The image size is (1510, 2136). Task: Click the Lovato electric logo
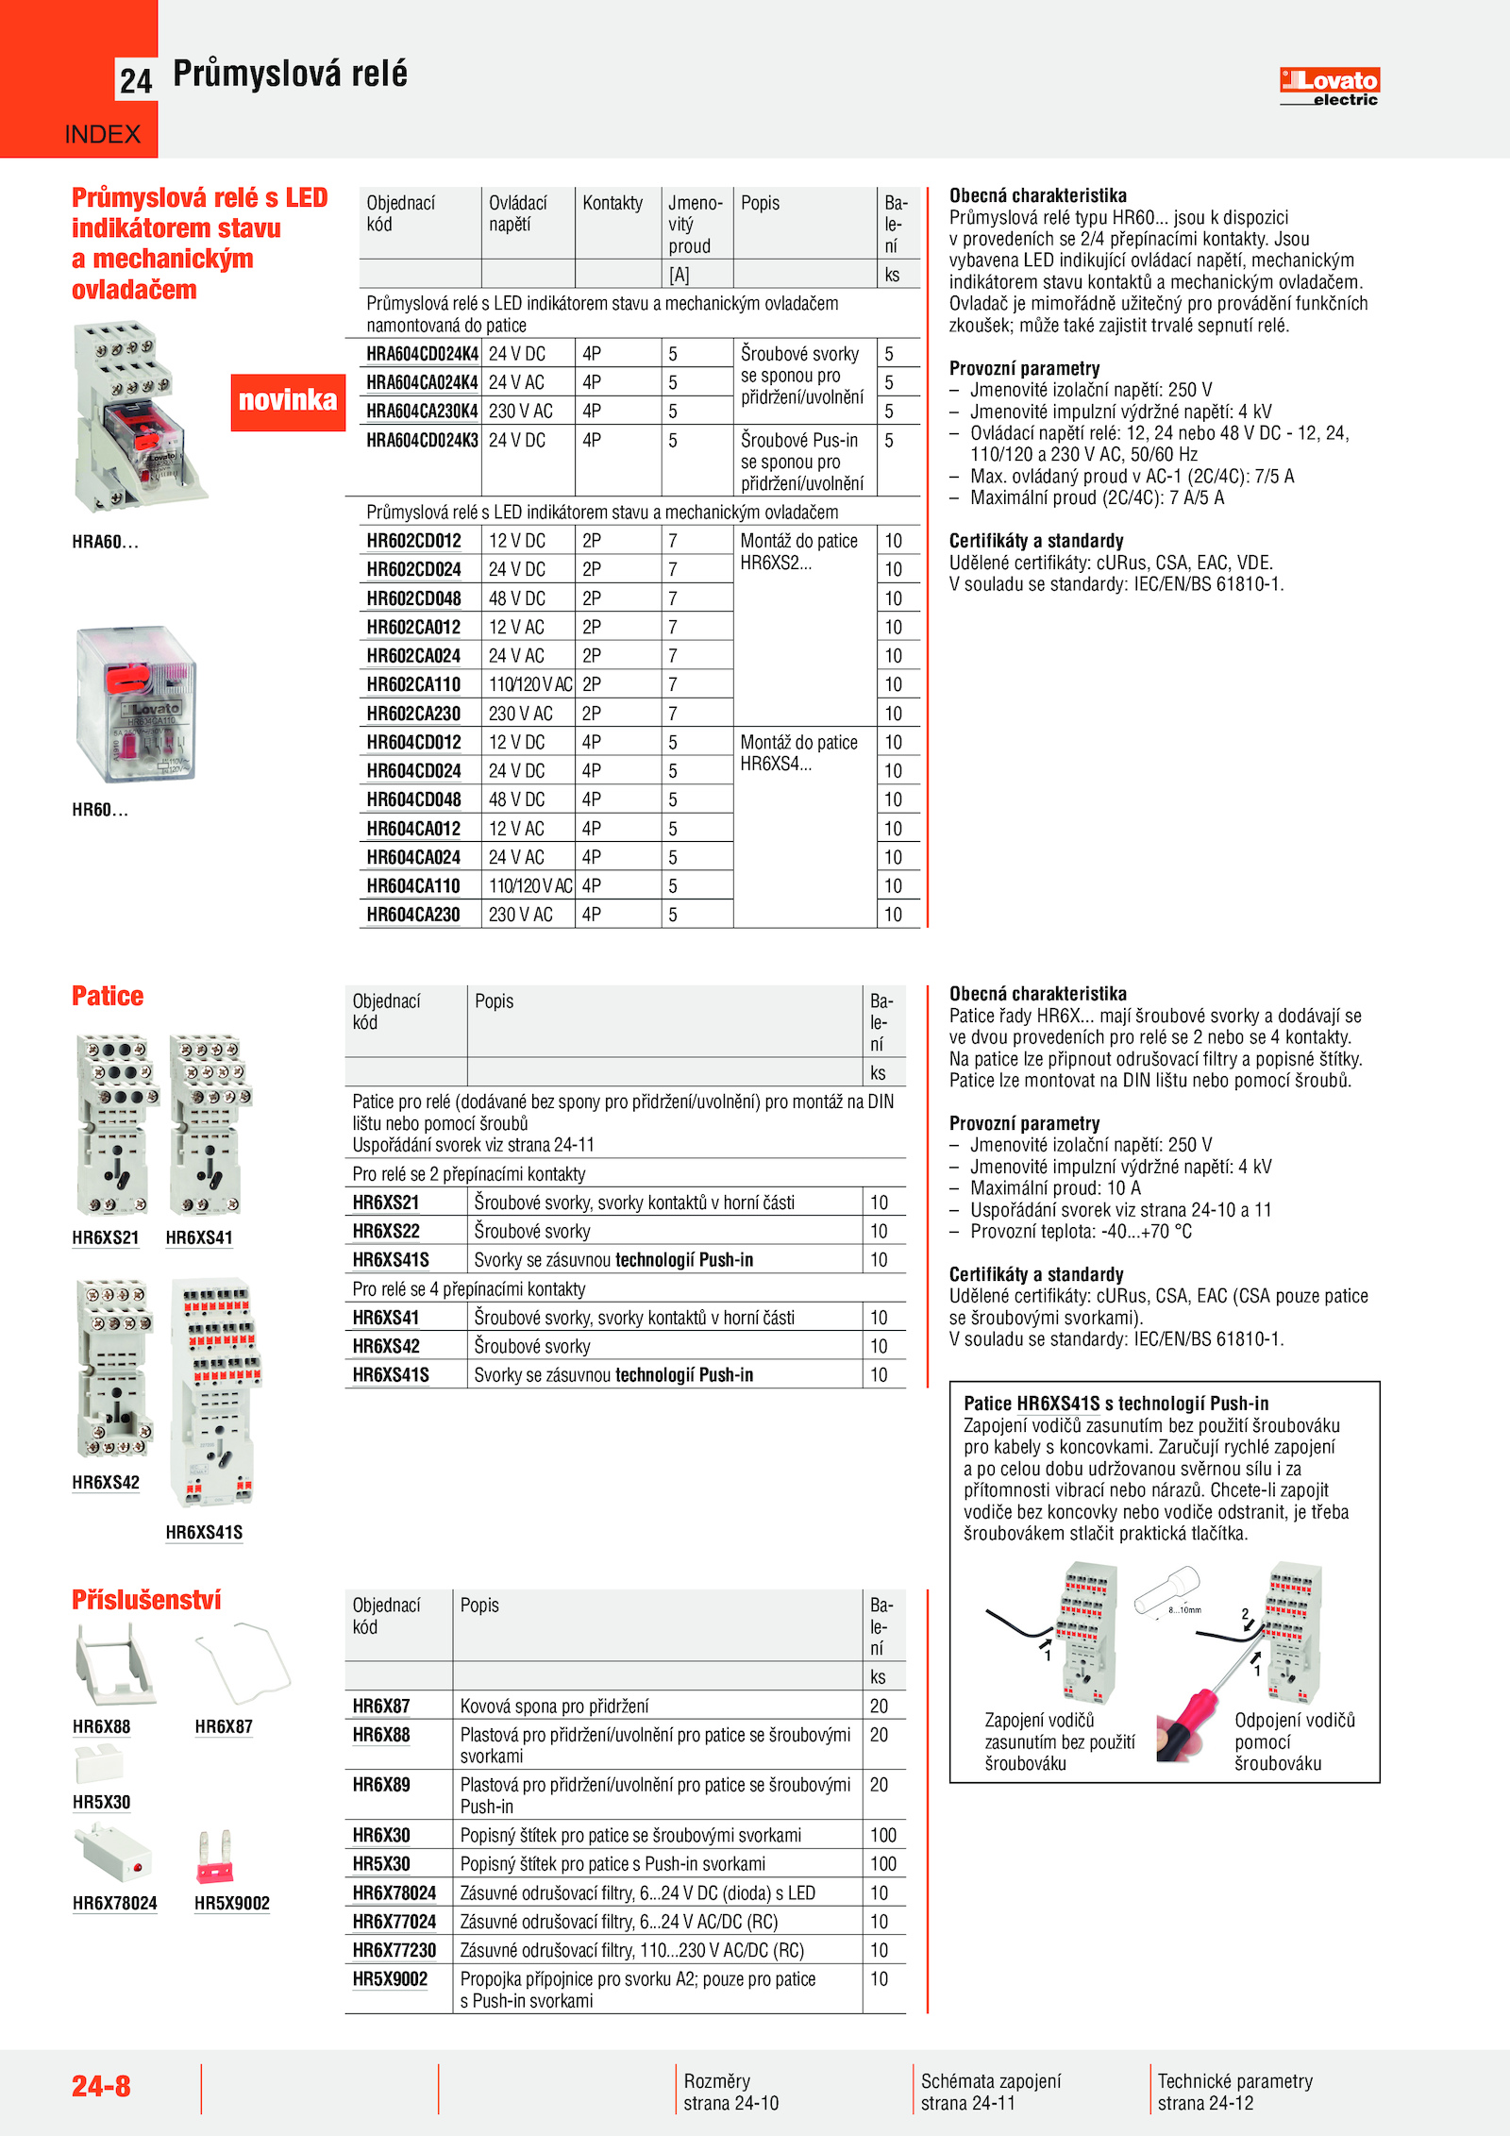click(1329, 87)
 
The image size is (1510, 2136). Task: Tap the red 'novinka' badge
click(288, 401)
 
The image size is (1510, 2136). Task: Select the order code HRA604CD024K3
click(422, 441)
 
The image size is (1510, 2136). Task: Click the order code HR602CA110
click(413, 685)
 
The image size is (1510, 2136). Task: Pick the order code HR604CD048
click(413, 800)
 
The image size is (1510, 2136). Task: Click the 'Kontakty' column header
click(612, 204)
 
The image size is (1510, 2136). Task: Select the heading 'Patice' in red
click(108, 997)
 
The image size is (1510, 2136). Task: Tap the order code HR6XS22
click(386, 1232)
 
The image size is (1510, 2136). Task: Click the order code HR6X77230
click(394, 1951)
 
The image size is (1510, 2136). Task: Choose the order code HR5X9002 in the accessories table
click(390, 1979)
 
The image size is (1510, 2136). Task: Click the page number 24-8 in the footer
click(101, 2086)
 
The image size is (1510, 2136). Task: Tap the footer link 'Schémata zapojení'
click(991, 2081)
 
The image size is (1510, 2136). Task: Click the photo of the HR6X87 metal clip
click(243, 1663)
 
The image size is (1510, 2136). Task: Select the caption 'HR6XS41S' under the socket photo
click(204, 1533)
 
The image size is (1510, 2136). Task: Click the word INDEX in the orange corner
click(102, 135)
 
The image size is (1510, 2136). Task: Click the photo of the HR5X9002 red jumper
click(215, 1858)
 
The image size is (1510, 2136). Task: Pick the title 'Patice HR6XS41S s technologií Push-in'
click(1116, 1404)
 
